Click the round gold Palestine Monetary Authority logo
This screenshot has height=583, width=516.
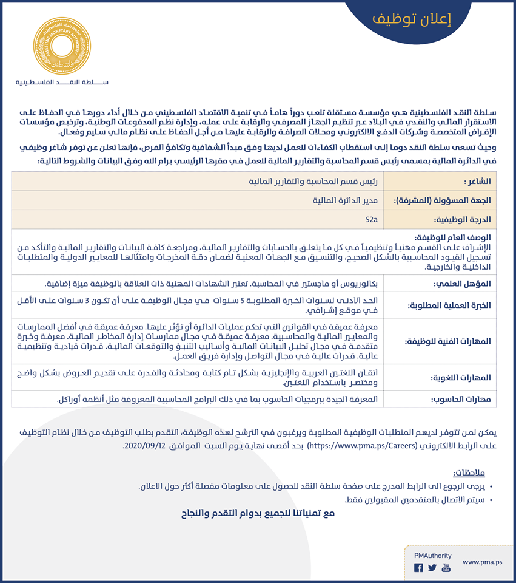60,44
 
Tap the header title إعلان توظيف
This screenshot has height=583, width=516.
412,19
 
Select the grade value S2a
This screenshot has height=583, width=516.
370,219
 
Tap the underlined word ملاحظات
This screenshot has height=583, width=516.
469,472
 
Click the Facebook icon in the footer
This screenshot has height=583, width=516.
418,568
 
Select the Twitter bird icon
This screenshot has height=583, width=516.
432,568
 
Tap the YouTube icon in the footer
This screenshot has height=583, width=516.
446,568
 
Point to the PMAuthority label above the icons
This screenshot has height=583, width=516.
432,556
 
